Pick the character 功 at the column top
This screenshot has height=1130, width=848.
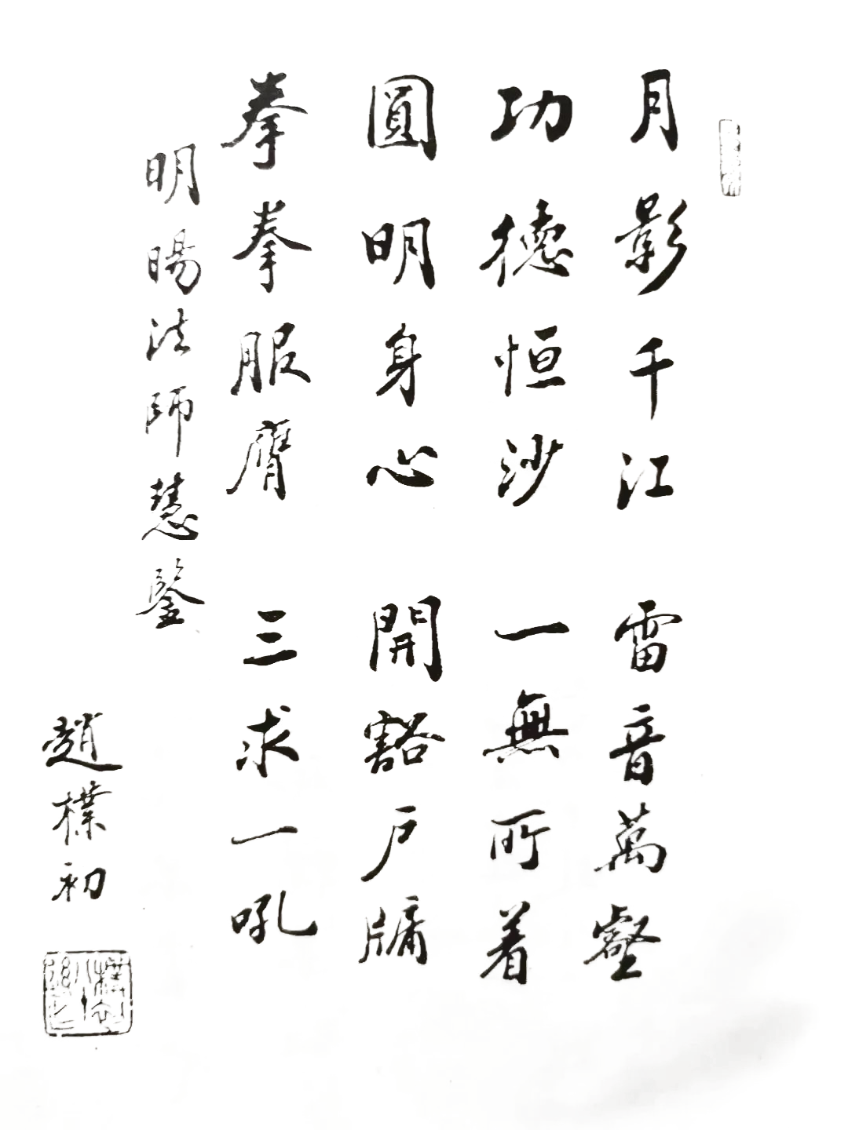[525, 124]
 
